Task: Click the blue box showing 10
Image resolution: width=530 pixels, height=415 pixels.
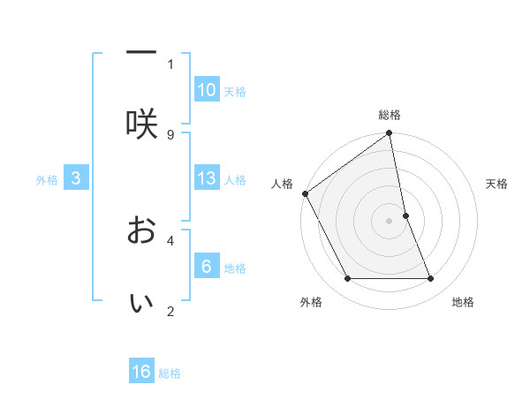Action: (x=207, y=90)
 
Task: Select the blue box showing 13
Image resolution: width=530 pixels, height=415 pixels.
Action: (x=207, y=179)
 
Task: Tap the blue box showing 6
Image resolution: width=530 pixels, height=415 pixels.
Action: (x=207, y=267)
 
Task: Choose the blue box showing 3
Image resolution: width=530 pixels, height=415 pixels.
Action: (x=76, y=179)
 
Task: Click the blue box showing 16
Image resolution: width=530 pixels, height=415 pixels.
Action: (x=141, y=372)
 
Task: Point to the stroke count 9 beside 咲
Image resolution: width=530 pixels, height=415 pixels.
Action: (x=170, y=134)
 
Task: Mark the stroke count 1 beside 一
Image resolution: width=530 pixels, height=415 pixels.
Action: (x=170, y=64)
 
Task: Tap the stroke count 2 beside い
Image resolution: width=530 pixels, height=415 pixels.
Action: (x=170, y=311)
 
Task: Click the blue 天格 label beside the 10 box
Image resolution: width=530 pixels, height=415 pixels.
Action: (x=235, y=92)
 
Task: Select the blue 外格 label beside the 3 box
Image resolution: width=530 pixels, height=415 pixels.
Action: (x=47, y=180)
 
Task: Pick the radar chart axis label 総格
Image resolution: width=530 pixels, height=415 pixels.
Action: (x=390, y=115)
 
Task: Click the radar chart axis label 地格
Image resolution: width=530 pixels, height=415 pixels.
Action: (x=463, y=302)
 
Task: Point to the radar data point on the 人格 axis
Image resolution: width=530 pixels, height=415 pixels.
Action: (x=305, y=193)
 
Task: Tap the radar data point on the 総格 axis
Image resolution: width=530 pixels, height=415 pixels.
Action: (x=390, y=134)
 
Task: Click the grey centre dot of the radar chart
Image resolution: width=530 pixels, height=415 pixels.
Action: (x=390, y=221)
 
